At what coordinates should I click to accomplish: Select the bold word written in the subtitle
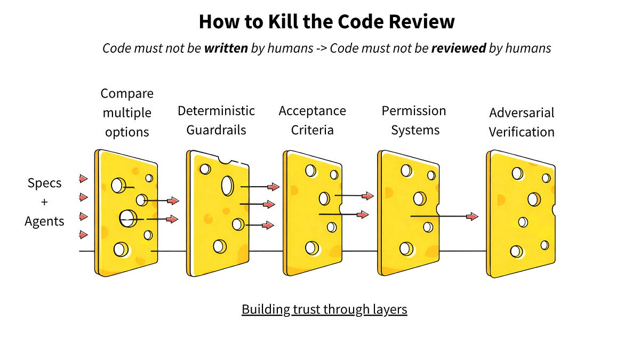point(226,48)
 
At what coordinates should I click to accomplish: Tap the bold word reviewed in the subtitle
point(459,48)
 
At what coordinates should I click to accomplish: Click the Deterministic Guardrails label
point(216,120)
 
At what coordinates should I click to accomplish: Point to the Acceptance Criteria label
point(312,120)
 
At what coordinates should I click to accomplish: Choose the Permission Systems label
point(414,120)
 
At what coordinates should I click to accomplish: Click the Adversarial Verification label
point(522,122)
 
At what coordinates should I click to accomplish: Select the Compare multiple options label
point(127,113)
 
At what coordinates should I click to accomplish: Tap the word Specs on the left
point(44,183)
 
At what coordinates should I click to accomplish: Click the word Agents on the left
point(44,221)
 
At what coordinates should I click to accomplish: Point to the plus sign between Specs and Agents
point(44,202)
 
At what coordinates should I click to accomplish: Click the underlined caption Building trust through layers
point(324,309)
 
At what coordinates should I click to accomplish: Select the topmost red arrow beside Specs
point(83,178)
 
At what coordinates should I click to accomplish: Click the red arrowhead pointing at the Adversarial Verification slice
point(472,216)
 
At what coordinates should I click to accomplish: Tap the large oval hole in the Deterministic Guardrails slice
point(227,185)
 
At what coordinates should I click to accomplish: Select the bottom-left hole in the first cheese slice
point(121,249)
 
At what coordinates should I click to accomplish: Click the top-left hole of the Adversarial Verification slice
point(517,173)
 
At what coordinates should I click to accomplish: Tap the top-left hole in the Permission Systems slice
point(406,171)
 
